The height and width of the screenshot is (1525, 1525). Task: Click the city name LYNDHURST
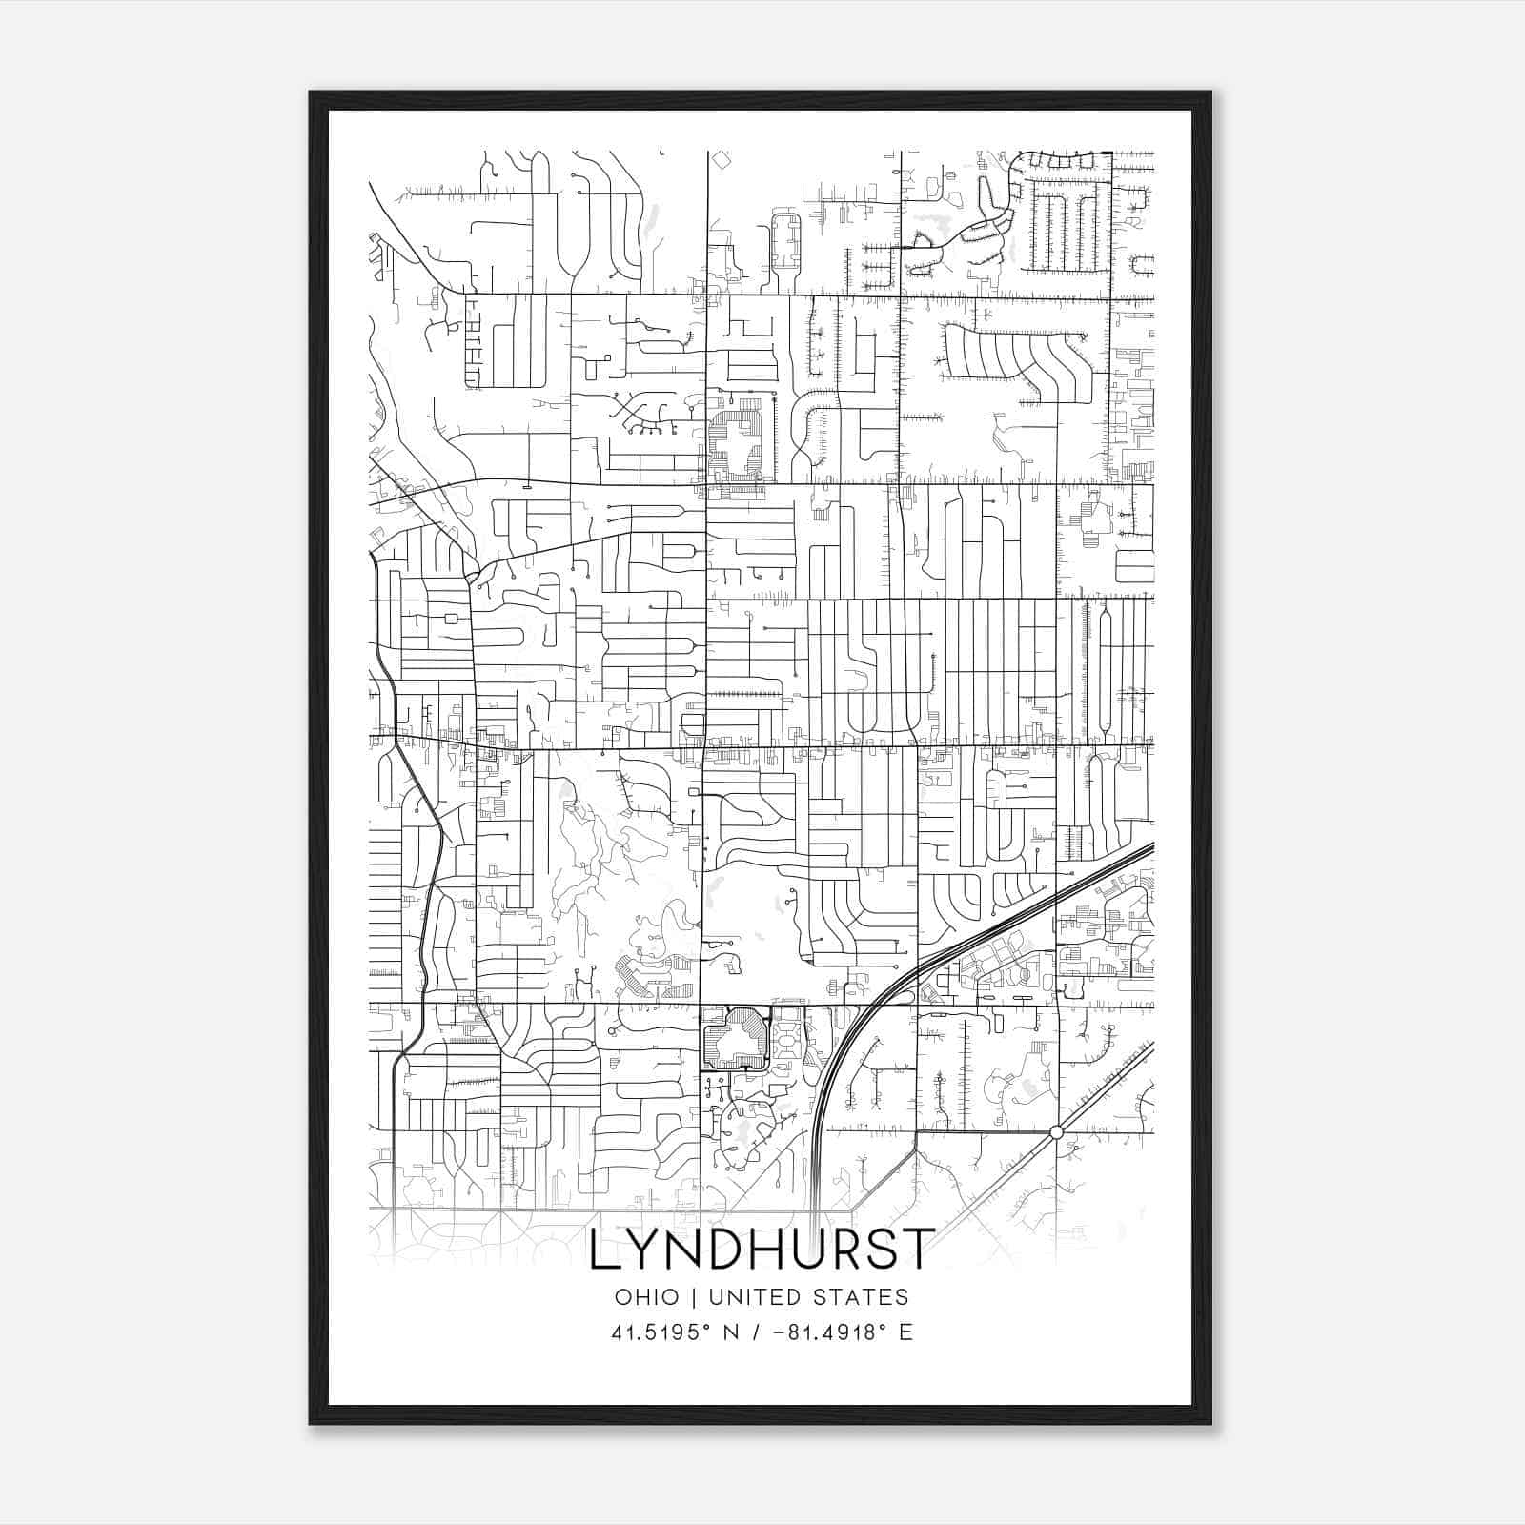(760, 1250)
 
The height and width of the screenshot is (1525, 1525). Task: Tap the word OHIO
(647, 1297)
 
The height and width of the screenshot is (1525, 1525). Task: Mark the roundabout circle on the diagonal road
(1056, 1132)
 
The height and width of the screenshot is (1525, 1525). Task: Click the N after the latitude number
(732, 1332)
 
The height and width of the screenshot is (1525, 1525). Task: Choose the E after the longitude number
(905, 1332)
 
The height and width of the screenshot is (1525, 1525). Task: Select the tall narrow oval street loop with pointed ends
(1106, 668)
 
